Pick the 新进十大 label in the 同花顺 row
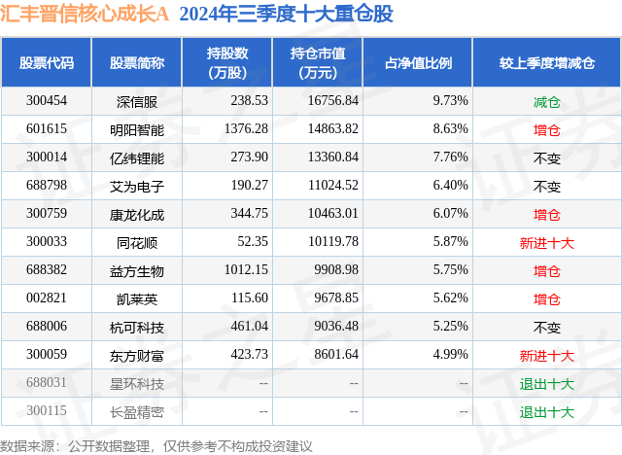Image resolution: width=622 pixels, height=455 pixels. pos(547,242)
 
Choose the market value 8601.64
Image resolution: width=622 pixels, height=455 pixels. pos(332,356)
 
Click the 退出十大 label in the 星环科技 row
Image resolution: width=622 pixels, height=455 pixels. pos(547,384)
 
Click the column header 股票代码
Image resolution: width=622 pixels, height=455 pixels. pos(47,63)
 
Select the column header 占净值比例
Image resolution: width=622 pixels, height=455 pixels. pos(425,63)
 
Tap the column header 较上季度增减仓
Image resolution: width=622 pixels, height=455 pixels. pos(547,63)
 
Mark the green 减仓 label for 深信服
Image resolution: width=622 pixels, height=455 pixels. pos(547,100)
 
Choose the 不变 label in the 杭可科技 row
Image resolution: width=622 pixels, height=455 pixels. pos(547,328)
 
